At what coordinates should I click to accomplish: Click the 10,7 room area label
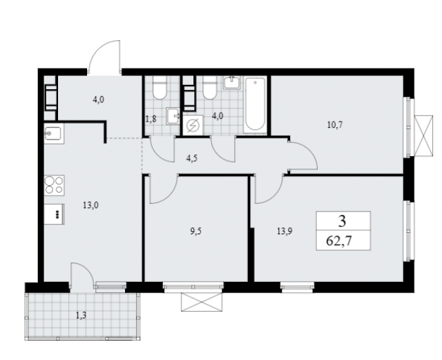(x=335, y=124)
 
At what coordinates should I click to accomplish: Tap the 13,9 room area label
(x=285, y=231)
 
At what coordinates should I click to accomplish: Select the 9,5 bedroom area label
(x=196, y=231)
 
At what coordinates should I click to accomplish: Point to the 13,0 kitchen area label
(x=90, y=205)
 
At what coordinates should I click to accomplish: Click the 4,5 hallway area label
(x=192, y=158)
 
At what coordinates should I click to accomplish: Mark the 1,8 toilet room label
(x=151, y=119)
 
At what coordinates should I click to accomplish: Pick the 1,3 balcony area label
(x=81, y=316)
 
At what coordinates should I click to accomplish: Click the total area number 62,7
(x=339, y=241)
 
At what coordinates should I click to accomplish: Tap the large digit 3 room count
(x=342, y=221)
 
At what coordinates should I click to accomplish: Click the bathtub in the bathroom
(x=255, y=104)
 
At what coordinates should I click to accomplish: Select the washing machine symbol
(x=193, y=125)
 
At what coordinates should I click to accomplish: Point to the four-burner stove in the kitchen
(x=54, y=185)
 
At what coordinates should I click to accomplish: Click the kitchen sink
(x=54, y=134)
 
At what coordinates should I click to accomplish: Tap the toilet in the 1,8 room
(x=160, y=88)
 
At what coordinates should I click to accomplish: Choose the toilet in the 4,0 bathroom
(x=210, y=88)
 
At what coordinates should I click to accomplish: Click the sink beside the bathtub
(x=232, y=83)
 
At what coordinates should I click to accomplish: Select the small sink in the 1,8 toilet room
(x=173, y=115)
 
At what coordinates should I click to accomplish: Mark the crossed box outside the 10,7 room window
(x=423, y=135)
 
